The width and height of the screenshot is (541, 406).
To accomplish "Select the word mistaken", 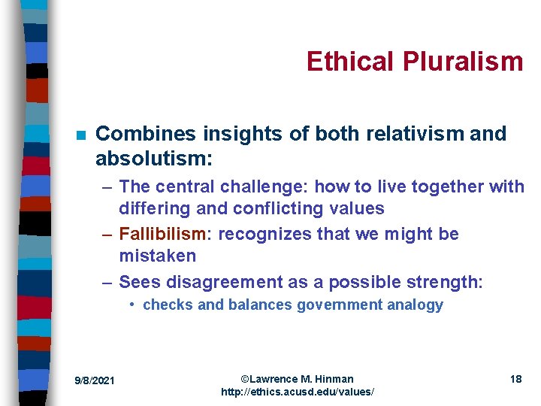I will tap(157, 256).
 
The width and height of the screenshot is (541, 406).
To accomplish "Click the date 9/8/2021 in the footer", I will tap(95, 380).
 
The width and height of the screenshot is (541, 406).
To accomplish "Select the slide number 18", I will tap(515, 379).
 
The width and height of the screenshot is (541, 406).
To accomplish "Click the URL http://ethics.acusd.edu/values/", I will tap(298, 392).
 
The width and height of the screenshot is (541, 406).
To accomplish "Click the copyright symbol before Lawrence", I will tap(245, 379).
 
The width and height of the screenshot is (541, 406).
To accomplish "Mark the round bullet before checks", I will tap(131, 304).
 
